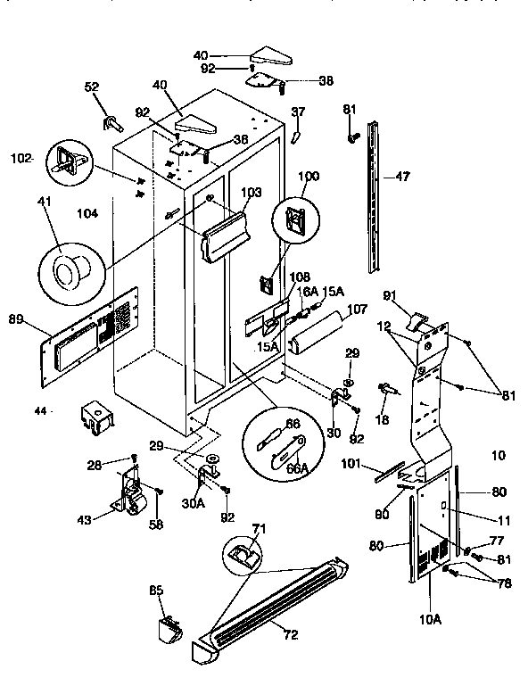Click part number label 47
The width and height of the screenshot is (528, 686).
(402, 177)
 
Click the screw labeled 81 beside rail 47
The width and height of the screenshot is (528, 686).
(354, 137)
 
